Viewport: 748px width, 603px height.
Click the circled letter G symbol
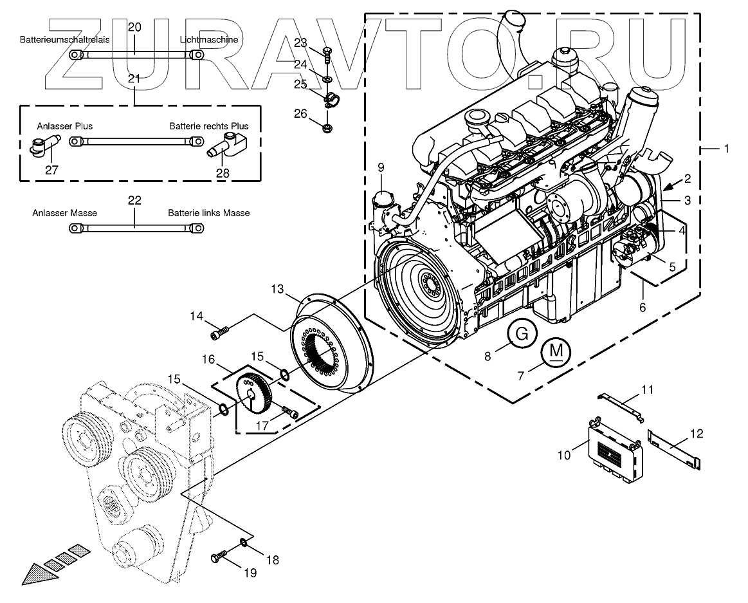pos(522,334)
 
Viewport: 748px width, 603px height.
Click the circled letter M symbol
pos(558,351)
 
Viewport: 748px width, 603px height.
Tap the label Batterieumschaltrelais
pos(64,40)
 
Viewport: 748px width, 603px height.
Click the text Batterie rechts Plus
pos(208,126)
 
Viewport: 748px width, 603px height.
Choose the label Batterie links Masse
pos(208,212)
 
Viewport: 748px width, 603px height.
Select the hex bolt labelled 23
pos(327,53)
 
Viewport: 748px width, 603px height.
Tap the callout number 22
pos(134,201)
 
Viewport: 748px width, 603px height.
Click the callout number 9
pos(381,167)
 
